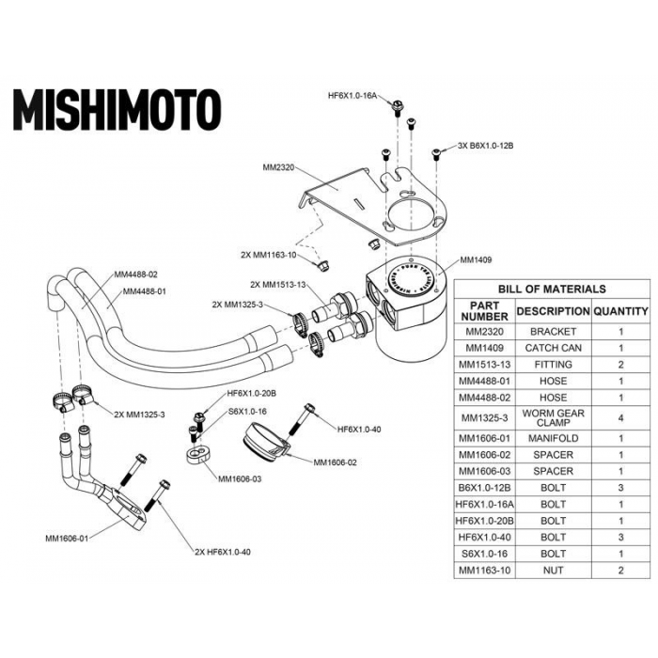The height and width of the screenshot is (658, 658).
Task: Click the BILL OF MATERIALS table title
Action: click(x=551, y=289)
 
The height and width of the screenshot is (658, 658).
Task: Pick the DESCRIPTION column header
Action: click(x=553, y=311)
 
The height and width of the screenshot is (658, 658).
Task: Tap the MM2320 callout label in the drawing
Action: click(x=279, y=168)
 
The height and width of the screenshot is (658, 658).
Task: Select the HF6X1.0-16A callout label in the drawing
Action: click(x=352, y=96)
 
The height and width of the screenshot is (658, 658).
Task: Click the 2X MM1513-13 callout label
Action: click(x=280, y=284)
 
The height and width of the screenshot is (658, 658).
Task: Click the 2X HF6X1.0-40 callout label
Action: click(x=222, y=551)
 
